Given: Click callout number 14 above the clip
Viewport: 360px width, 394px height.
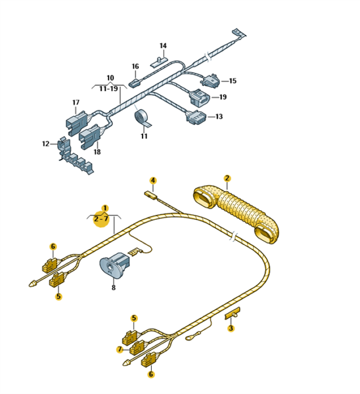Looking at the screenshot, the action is pos(163,46).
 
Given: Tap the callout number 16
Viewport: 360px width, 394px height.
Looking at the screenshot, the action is pos(135,66).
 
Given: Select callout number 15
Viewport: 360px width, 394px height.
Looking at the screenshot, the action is pos(233,81).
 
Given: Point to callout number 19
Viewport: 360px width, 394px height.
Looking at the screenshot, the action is pos(223,97).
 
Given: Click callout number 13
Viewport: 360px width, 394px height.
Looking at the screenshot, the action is pos(219,117).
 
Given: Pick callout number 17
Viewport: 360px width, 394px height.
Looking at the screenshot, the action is pos(76,102).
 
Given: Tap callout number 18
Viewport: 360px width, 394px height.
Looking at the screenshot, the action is pos(97,152).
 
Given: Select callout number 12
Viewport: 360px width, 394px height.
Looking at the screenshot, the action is pos(45,144).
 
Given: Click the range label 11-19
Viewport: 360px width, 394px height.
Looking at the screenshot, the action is pos(108,89).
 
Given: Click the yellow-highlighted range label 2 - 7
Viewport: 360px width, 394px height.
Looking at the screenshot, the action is pos(101,219).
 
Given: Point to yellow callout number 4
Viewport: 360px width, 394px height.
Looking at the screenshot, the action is pos(153,181).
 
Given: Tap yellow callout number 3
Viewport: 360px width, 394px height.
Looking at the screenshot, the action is pos(231,328).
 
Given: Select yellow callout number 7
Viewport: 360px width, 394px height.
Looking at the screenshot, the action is pos(120,349).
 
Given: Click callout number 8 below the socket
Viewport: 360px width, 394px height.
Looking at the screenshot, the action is pos(114,288).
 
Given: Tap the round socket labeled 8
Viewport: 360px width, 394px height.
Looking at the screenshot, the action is pos(115,265).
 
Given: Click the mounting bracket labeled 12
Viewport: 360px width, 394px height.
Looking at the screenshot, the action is pos(74,156).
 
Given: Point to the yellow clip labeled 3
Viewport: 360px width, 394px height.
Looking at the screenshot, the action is pos(233,313).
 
